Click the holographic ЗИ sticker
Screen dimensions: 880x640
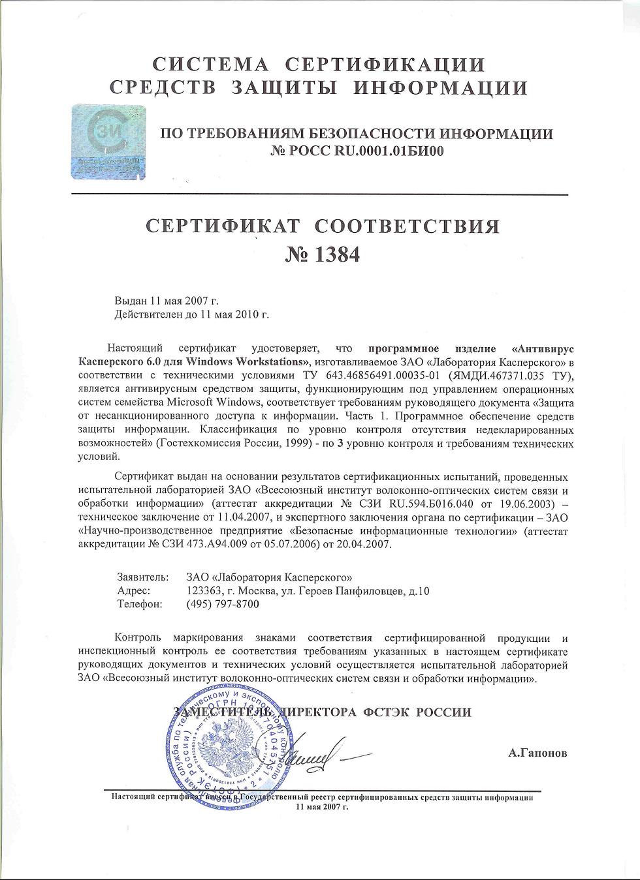[x=108, y=141]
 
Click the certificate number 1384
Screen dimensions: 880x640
[x=323, y=254]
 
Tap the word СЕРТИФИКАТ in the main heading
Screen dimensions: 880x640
[x=222, y=226]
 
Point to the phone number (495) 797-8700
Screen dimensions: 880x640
[x=223, y=604]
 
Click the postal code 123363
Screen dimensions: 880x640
[x=203, y=591]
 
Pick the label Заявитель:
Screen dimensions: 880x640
[x=143, y=577]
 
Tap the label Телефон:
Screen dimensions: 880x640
[x=140, y=604]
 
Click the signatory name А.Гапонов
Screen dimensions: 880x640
[x=537, y=753]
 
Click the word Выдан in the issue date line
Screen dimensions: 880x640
[x=131, y=301]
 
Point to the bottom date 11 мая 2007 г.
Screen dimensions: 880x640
[x=323, y=806]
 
